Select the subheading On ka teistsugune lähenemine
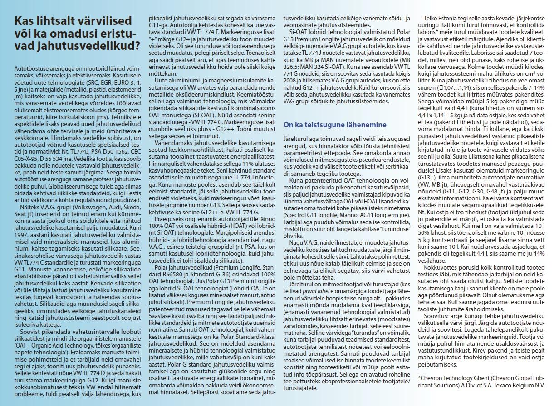coord(335,125)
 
